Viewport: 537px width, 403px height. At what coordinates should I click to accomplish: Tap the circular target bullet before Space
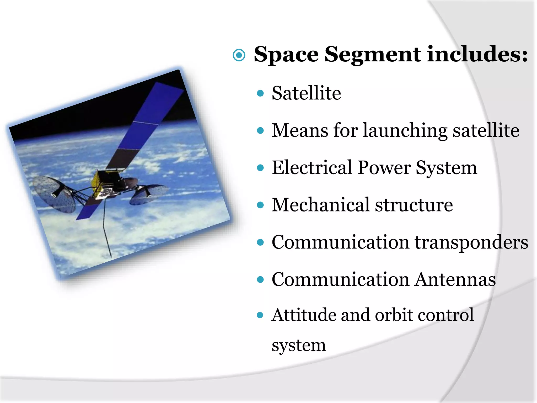(239, 55)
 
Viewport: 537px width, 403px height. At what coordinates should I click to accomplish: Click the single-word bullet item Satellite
(306, 93)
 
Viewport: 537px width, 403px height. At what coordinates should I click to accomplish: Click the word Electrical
(312, 168)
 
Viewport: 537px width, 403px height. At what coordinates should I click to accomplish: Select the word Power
(384, 168)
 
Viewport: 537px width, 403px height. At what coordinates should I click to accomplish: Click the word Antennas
(455, 279)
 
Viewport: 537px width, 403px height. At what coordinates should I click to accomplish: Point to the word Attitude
(304, 315)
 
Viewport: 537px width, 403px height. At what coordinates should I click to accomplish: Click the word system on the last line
(299, 346)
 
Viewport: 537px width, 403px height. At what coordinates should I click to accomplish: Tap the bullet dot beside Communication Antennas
(260, 280)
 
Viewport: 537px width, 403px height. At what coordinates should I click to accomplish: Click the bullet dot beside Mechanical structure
(260, 205)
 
